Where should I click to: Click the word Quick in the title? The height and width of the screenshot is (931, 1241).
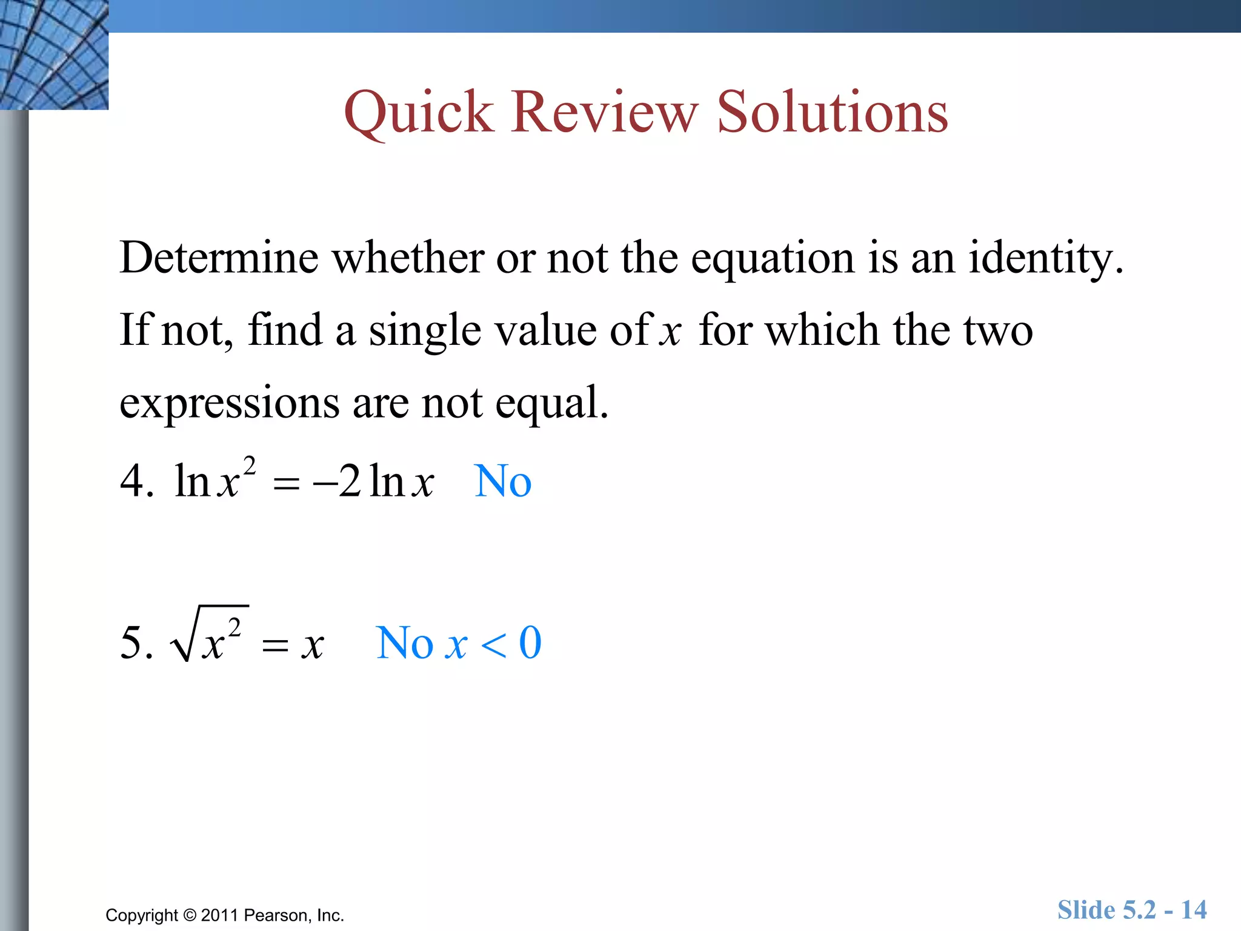(418, 113)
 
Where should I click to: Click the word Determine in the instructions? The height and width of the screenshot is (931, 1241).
(219, 258)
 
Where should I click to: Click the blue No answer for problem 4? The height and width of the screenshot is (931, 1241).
(502, 481)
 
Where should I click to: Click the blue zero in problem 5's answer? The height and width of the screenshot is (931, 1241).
(530, 642)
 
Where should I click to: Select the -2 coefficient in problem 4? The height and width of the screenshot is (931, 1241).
(337, 481)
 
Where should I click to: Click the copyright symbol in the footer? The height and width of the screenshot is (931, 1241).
(190, 915)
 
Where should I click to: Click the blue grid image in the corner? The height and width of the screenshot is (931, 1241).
(54, 55)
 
